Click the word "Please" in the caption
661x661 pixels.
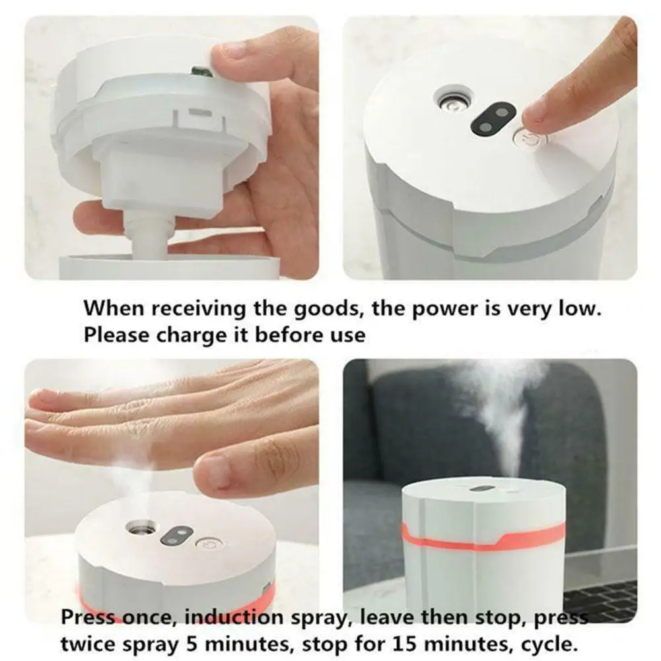click(x=117, y=335)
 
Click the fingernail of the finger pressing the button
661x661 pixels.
click(x=534, y=110)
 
